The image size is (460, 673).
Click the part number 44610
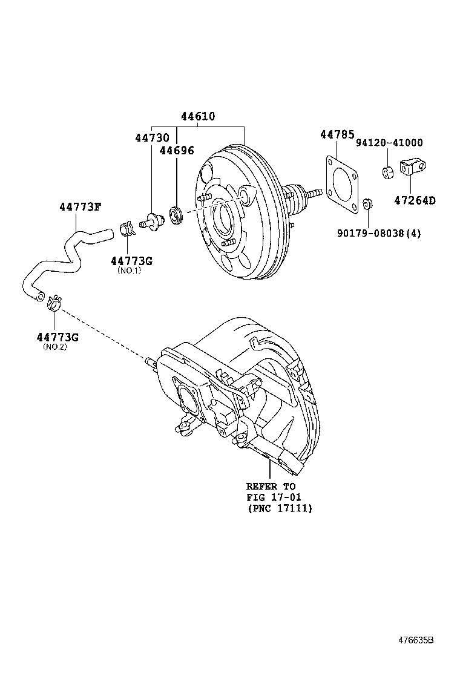[x=197, y=117]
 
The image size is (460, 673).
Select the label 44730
[x=152, y=139]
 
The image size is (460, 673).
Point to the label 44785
[x=337, y=135]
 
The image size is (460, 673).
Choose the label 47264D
[x=415, y=200]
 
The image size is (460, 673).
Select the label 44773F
[x=80, y=207]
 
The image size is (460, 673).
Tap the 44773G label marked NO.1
[x=131, y=261]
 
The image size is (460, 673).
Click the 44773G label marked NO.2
[x=57, y=336]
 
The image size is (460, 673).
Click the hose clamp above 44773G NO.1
[x=126, y=229]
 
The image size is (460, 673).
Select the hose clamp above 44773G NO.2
[x=54, y=301]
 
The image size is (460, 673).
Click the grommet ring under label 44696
[x=177, y=214]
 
